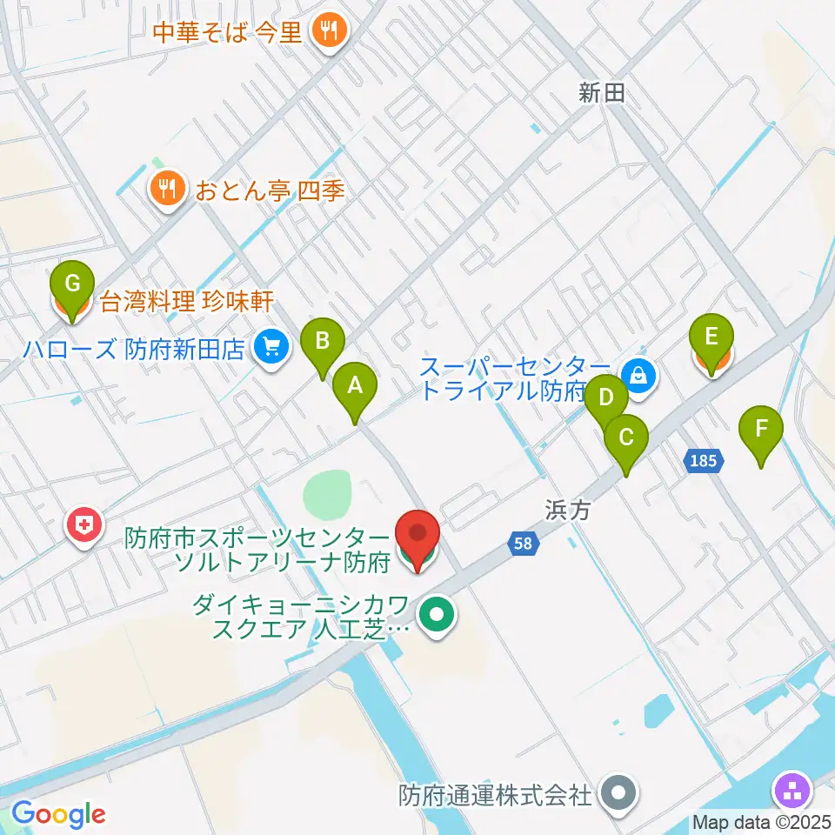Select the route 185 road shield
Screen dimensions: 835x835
(x=704, y=460)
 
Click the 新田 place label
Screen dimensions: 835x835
(x=602, y=93)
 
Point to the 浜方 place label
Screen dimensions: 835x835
(x=568, y=511)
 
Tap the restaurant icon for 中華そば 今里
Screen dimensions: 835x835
(x=329, y=33)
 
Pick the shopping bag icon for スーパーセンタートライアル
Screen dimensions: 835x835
(x=639, y=376)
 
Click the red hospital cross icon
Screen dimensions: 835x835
(x=83, y=526)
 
